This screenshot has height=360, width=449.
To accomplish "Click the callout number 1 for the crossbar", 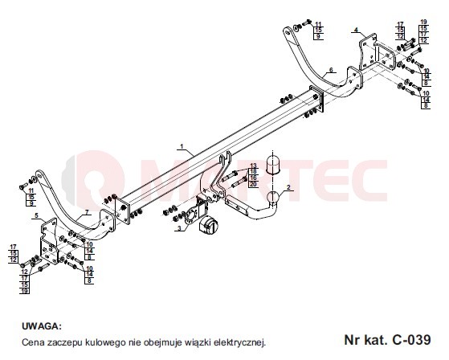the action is [182, 146].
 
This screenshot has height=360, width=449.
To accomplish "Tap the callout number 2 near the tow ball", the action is [288, 187].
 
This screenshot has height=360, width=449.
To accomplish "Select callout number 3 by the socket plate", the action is [179, 228].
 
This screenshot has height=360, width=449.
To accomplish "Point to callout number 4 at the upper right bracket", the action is [356, 30].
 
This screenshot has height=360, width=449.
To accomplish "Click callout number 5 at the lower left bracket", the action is [36, 215].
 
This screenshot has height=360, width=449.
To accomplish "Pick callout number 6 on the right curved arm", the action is [331, 70].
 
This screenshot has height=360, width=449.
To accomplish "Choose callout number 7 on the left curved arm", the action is [87, 212].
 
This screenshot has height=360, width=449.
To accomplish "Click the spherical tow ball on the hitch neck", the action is [272, 198].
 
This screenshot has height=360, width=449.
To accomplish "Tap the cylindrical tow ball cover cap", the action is [272, 165].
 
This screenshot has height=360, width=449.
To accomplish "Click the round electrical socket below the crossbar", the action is [208, 225].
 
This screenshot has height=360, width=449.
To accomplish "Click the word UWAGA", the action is [42, 326].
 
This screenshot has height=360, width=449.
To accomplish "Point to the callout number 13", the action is [253, 166].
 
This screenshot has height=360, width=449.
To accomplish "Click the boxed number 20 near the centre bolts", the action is [253, 184].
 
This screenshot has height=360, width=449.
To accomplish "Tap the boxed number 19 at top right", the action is [424, 22].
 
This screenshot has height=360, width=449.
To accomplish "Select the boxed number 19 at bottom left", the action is [25, 291].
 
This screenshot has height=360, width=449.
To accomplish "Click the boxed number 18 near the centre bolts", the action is [253, 171].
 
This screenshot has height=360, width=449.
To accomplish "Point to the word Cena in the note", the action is [33, 342].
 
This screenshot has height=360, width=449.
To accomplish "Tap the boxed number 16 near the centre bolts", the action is [253, 178].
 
